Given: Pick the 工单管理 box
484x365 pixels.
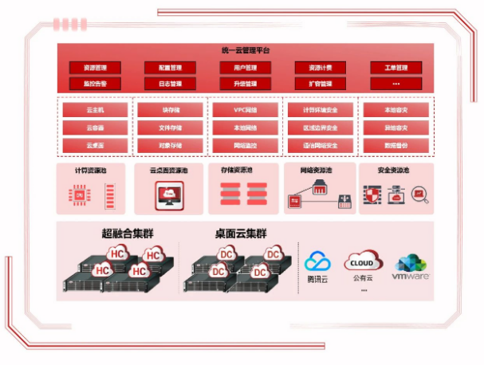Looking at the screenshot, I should [x=395, y=68].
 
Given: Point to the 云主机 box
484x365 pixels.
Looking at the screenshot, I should [x=95, y=110].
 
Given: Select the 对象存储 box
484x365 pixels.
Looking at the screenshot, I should [x=171, y=146].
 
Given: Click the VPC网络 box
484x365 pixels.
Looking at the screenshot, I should [x=246, y=110].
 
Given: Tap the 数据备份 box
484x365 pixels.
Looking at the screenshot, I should [x=395, y=146].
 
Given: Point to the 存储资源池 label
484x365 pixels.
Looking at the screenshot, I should [x=237, y=171].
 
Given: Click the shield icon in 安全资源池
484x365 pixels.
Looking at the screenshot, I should [x=373, y=194].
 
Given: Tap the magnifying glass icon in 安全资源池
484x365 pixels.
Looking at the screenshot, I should [x=419, y=194].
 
